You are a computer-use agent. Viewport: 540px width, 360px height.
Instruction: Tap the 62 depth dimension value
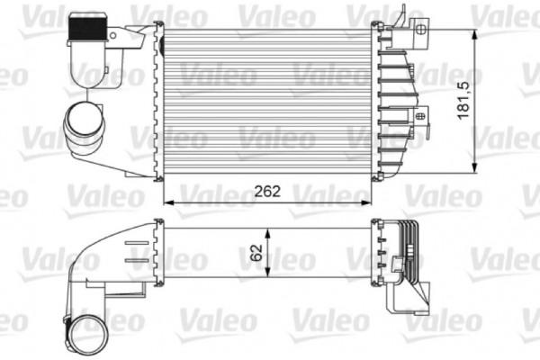[x=258, y=251]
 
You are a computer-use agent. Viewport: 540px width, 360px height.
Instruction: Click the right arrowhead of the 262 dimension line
[x=369, y=203]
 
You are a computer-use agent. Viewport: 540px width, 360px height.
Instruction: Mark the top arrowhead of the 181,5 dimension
[x=474, y=33]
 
